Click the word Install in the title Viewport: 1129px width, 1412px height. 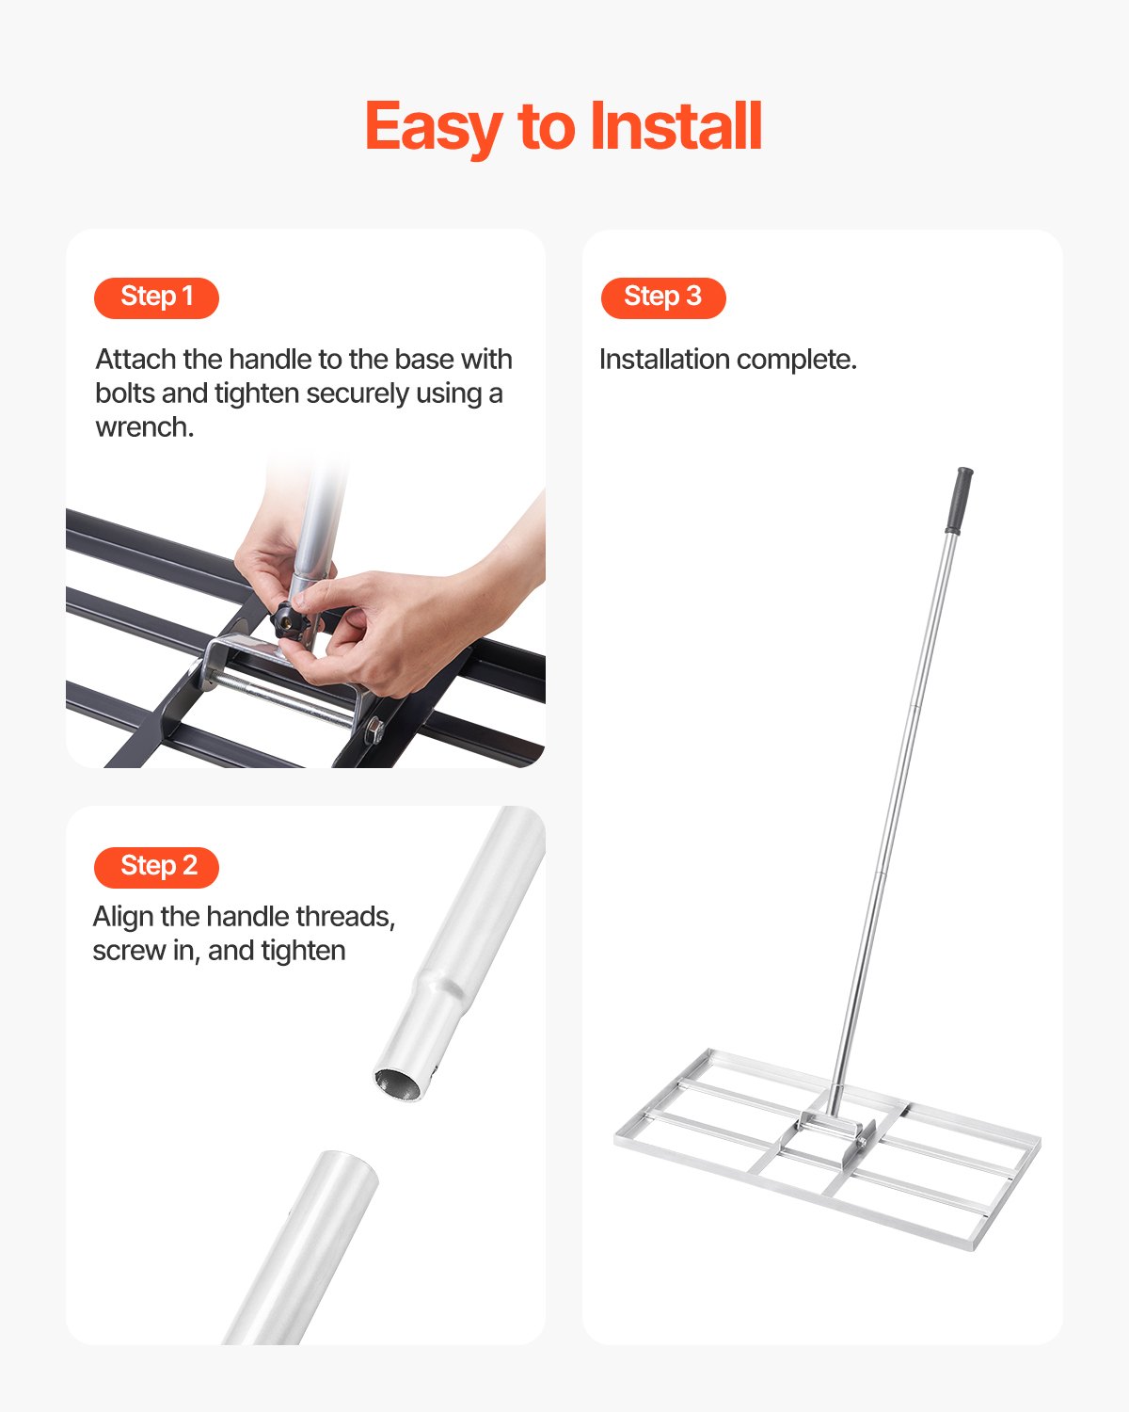coord(676,127)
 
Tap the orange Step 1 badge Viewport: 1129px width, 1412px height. coord(156,297)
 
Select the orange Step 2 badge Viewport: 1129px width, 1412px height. coord(157,867)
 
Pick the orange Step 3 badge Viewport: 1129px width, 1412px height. coord(663,297)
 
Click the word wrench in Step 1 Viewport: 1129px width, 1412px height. coord(143,427)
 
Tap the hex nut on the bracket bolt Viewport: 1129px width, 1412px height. coord(374,729)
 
